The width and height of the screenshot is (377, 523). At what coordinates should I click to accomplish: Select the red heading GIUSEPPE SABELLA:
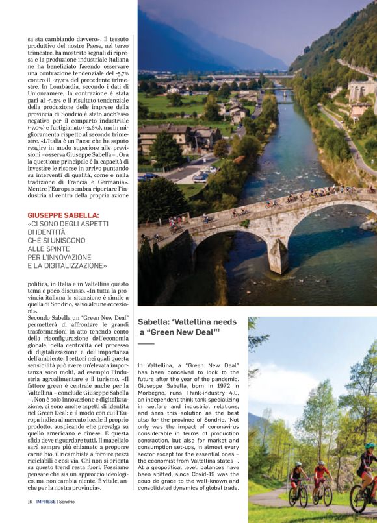63,214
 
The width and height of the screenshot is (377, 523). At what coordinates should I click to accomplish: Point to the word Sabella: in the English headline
155,322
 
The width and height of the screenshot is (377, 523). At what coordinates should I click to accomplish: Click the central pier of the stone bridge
279,256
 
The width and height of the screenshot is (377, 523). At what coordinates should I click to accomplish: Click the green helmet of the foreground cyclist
370,446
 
